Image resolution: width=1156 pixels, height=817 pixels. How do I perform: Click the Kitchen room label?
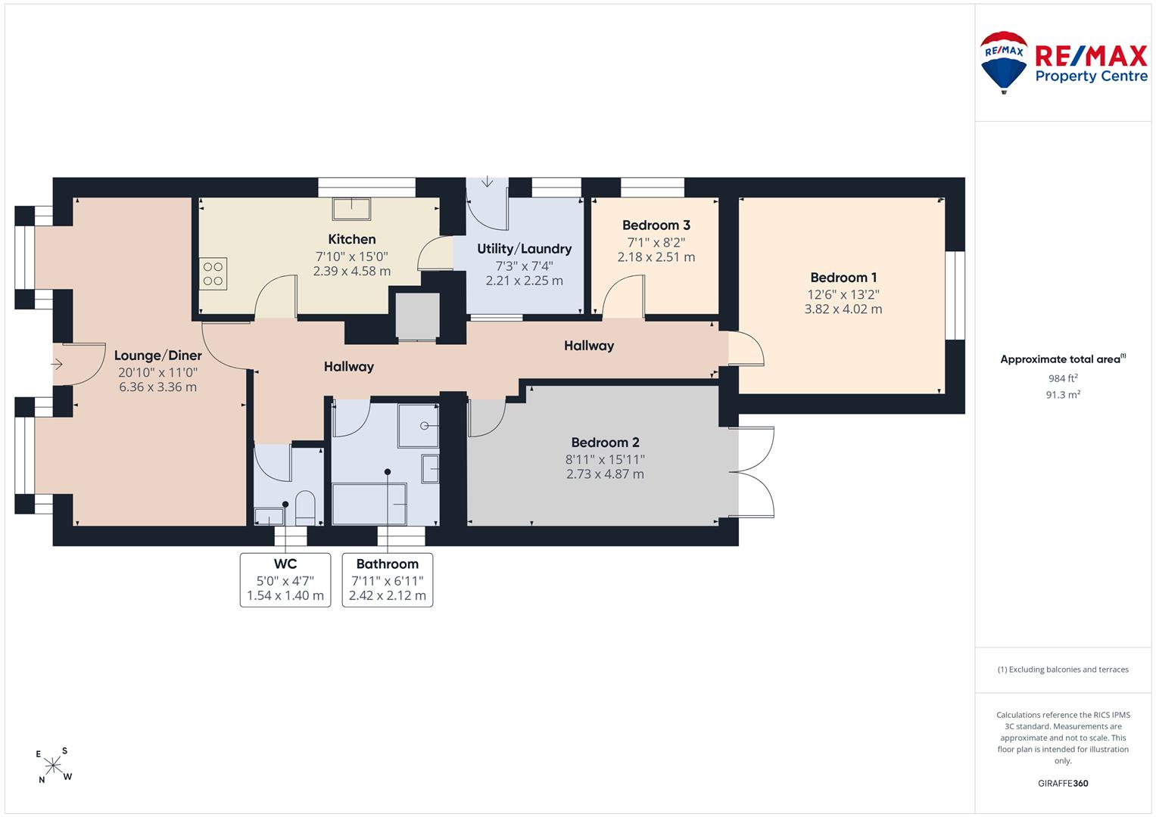coord(352,239)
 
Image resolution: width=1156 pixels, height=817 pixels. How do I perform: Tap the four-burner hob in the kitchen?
coord(213,274)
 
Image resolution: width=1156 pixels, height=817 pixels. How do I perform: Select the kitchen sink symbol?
coord(351,209)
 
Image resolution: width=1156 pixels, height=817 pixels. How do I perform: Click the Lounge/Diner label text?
coord(158,356)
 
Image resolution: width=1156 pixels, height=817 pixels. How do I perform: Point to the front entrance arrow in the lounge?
coord(57,364)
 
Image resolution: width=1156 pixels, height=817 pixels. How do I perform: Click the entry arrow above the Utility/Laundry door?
coord(488,182)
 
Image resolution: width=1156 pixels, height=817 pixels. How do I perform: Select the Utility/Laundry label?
coord(525,249)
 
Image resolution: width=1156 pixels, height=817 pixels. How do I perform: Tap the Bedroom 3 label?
coord(656,225)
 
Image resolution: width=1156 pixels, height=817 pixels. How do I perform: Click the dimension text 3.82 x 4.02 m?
coord(843,309)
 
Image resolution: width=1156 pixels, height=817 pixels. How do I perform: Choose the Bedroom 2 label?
coord(606,443)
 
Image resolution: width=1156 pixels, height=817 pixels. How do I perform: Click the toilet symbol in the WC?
coord(305,508)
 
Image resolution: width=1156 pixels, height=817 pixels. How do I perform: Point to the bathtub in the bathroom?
coord(369,504)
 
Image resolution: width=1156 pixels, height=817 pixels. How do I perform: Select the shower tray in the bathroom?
coord(419,425)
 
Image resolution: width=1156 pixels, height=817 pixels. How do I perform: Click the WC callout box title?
coord(285,564)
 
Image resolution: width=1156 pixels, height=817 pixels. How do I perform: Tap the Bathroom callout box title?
coord(388,564)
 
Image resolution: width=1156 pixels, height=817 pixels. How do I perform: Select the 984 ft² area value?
coord(1063,378)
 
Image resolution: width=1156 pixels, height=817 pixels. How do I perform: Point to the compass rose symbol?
coord(53,766)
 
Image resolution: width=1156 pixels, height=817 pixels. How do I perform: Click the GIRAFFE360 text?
coord(1063,784)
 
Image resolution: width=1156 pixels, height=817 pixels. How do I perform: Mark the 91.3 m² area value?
coord(1063,395)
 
